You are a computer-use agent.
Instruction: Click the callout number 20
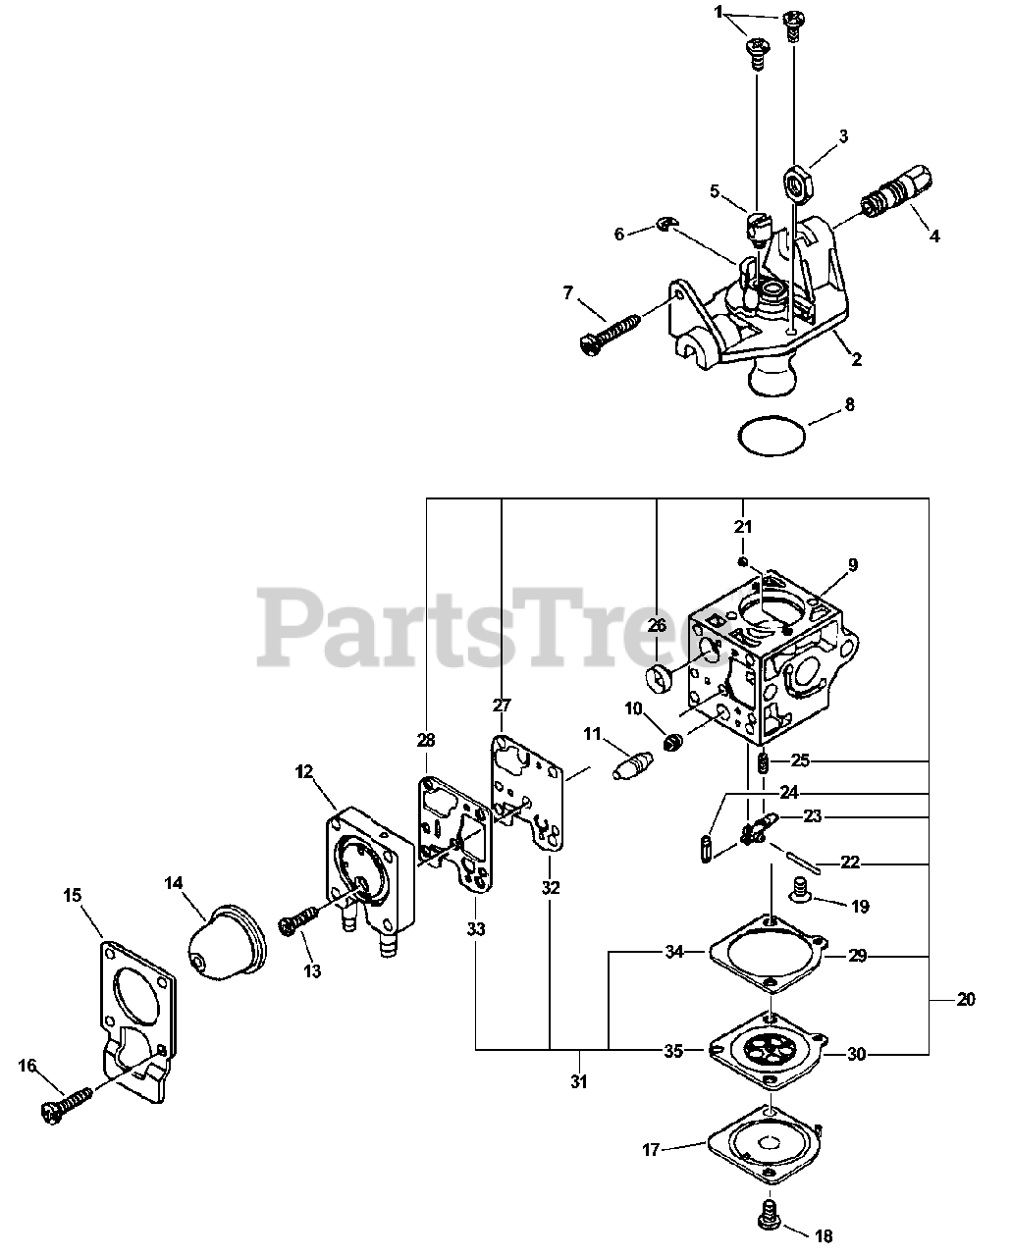(966, 999)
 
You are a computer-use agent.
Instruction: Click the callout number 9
(852, 564)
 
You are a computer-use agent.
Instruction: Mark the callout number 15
(73, 895)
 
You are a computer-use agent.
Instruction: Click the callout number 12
(303, 772)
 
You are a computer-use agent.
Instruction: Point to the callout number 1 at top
(718, 13)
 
